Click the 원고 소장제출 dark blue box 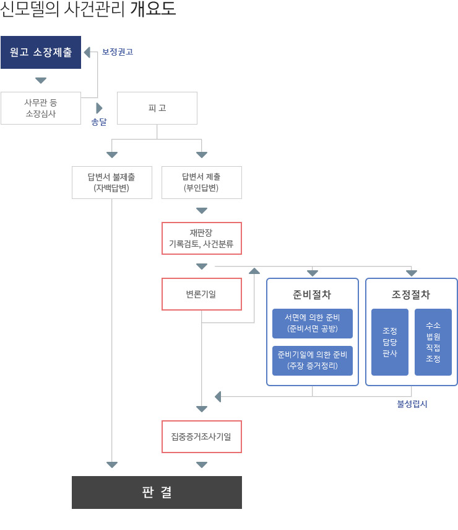pos(41,52)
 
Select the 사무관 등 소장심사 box pos(41,108)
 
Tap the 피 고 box pos(157,108)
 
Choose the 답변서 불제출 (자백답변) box pos(112,182)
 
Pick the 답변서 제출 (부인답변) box pos(201,182)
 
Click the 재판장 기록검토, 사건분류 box pos(201,238)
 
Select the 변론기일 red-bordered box pos(201,294)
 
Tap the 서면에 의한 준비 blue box pos(313,324)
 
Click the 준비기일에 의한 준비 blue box pos(313,361)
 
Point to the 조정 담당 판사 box pos(390,342)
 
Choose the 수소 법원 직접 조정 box pos(433,342)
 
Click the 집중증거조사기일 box pos(201,436)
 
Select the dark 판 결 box pos(157,492)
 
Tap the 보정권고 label pos(118,53)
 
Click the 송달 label pos(99,122)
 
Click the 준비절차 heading pos(313,294)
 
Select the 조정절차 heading pos(412,294)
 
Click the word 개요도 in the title pos(153,10)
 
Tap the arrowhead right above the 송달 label pos(99,108)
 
